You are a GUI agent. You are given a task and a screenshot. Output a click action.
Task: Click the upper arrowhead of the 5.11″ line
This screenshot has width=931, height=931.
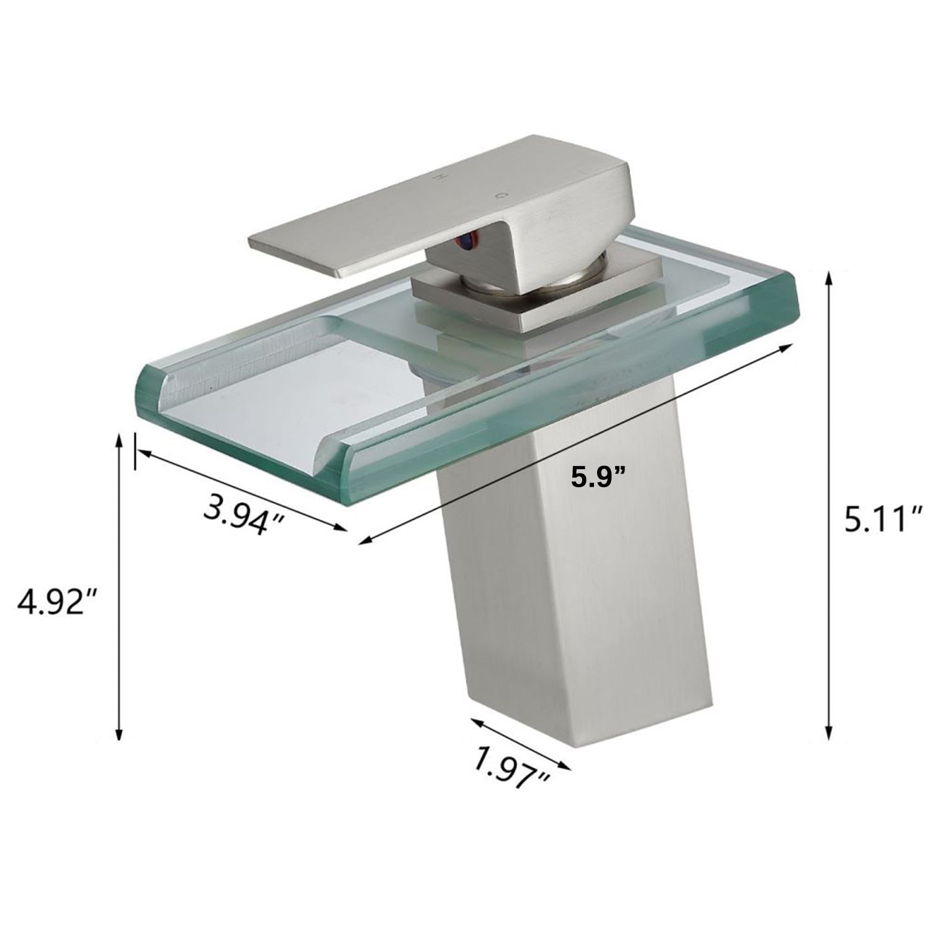[x=828, y=279]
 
